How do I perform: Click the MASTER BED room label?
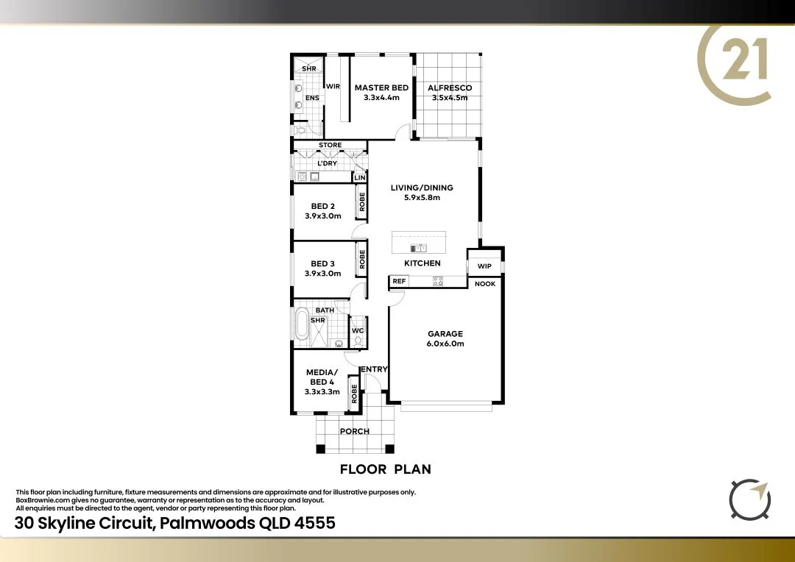(381, 88)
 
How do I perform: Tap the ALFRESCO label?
(450, 88)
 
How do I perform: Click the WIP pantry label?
(484, 266)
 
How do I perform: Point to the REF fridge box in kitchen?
(399, 281)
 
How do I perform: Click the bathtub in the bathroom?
(302, 324)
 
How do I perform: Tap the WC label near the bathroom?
(358, 331)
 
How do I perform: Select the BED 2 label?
(323, 206)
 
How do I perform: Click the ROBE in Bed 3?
(362, 260)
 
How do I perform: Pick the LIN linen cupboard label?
(360, 178)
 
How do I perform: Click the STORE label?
(330, 145)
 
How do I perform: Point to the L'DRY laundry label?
(327, 163)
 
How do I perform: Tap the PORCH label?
(355, 431)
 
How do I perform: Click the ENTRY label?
(374, 369)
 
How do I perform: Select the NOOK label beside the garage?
(485, 284)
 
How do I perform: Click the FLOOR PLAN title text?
(385, 469)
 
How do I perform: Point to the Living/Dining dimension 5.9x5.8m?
(422, 198)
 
